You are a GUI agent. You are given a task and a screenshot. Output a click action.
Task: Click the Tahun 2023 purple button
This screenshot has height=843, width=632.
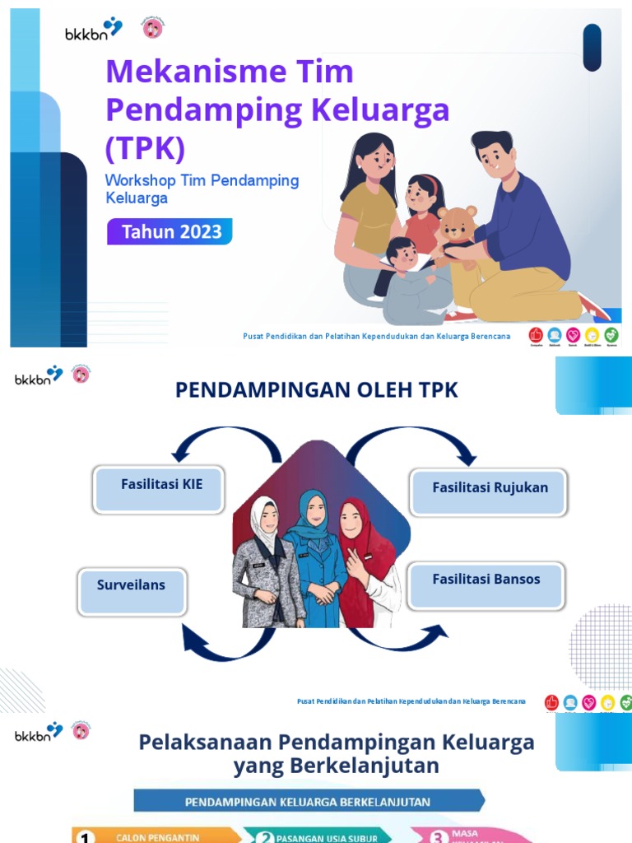pyautogui.click(x=170, y=231)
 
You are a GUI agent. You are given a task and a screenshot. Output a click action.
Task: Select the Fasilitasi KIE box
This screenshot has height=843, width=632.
pyautogui.click(x=159, y=489)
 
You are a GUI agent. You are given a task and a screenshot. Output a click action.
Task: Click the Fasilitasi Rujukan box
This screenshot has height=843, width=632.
pyautogui.click(x=490, y=491)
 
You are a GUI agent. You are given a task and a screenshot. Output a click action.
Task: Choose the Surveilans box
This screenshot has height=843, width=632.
pyautogui.click(x=132, y=589)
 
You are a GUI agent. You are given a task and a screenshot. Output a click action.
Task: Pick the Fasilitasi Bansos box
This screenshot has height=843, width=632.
pyautogui.click(x=486, y=585)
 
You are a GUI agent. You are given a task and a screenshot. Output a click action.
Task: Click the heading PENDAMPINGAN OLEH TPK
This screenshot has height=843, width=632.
pyautogui.click(x=316, y=390)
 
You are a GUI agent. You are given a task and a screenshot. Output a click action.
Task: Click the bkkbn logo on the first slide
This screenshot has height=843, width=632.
pyautogui.click(x=93, y=30)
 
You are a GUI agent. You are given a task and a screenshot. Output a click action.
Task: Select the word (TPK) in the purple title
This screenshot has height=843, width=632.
pyautogui.click(x=145, y=148)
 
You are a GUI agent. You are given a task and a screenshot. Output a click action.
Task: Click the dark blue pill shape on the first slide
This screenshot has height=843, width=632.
pyautogui.click(x=592, y=47)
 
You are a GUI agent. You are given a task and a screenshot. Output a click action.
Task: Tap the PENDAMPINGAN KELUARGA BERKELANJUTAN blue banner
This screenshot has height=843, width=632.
pyautogui.click(x=308, y=801)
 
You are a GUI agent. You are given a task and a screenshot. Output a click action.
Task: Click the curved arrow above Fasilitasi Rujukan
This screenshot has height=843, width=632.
pyautogui.click(x=411, y=445)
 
